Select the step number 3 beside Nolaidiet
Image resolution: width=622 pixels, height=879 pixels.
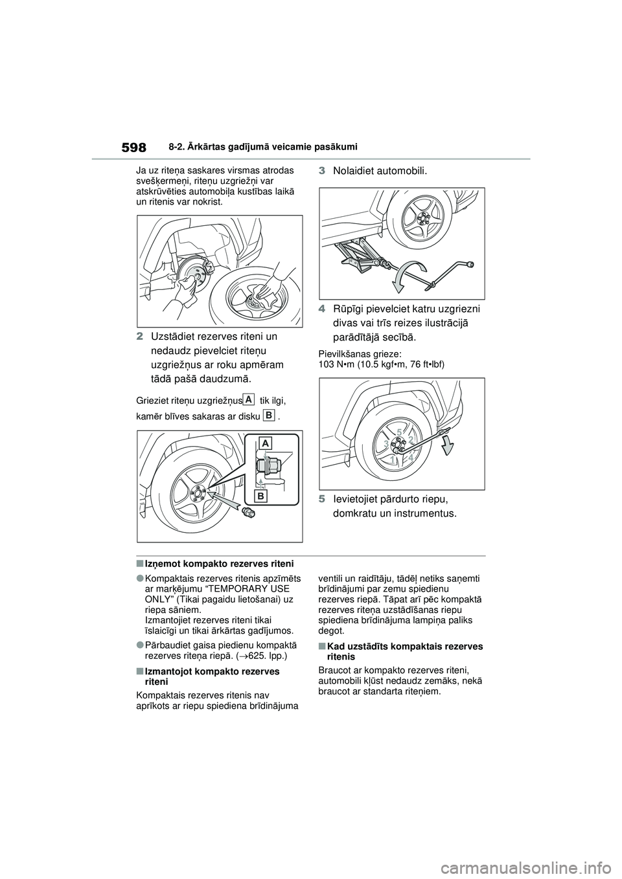coord(322,171)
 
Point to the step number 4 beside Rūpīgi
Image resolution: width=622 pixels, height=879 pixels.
coord(322,309)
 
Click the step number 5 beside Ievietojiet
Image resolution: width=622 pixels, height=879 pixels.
coord(322,500)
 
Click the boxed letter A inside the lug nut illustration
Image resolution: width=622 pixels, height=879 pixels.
coord(266,443)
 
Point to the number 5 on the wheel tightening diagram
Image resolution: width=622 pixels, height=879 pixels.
coord(400,430)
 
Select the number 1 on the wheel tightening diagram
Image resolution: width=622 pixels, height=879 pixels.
coord(393,459)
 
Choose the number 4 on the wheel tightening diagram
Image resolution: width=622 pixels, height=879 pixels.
coord(411,457)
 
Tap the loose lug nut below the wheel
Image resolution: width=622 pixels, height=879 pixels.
coord(247,513)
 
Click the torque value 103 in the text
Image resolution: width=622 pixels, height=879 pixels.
coord(328,364)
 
